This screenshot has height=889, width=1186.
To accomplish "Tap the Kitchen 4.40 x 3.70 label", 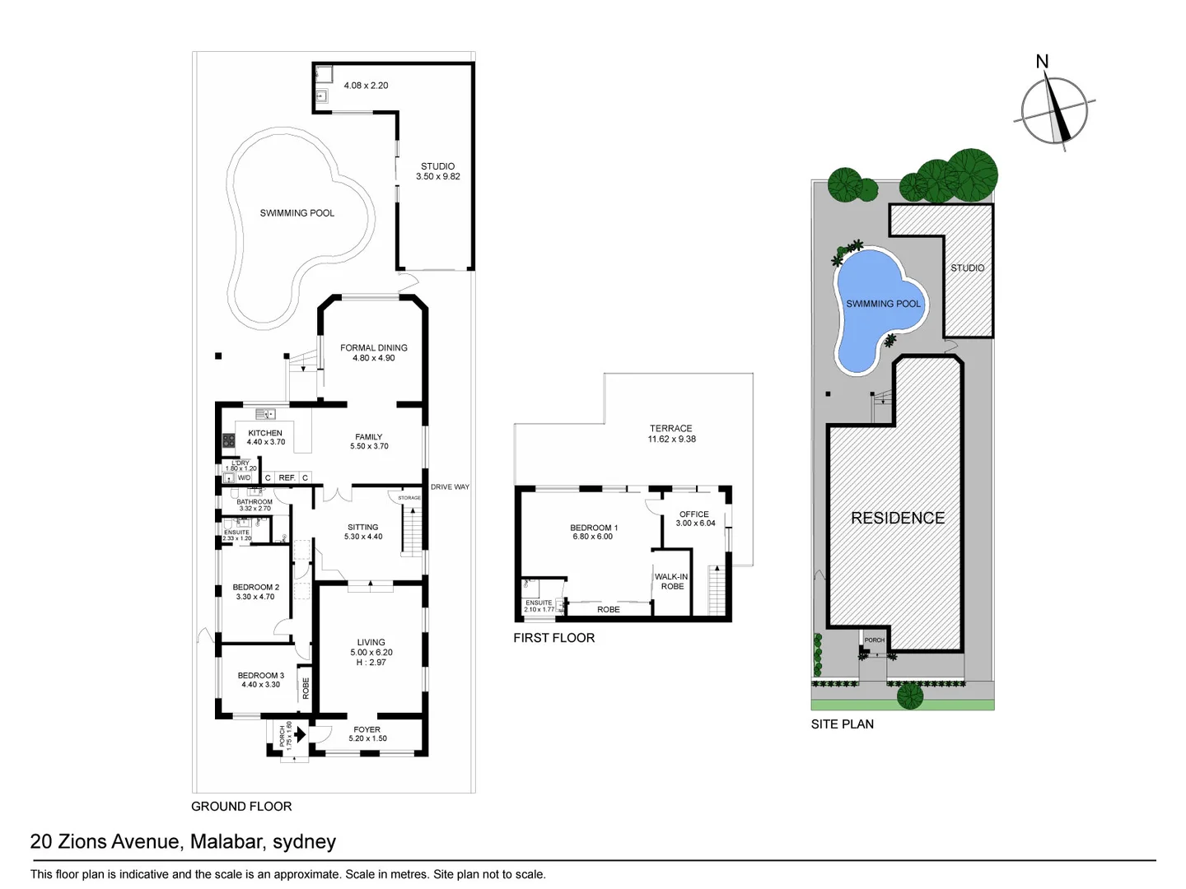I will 265,437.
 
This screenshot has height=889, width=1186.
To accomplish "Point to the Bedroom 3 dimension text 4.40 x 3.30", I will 260,685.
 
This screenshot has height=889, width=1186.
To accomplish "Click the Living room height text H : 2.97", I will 371,662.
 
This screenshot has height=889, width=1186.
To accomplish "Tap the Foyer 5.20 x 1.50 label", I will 367,733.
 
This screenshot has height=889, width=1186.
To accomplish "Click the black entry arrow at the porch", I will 300,733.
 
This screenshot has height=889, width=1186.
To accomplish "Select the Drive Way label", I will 450,487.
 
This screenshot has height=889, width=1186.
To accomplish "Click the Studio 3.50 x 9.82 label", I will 437,171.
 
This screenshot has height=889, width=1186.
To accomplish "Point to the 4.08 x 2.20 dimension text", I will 366,86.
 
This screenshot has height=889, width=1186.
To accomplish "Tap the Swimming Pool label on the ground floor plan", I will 296,213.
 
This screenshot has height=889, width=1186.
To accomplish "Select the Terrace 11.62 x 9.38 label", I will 671,433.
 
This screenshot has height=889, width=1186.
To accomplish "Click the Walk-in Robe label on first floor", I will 672,581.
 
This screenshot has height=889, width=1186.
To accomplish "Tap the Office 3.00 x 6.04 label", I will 694,519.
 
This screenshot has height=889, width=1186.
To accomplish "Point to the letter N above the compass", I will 1042,62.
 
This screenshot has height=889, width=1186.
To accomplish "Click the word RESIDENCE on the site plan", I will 898,518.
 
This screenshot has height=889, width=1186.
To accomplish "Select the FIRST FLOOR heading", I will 553,638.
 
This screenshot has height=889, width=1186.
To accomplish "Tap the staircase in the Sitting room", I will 411,530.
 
